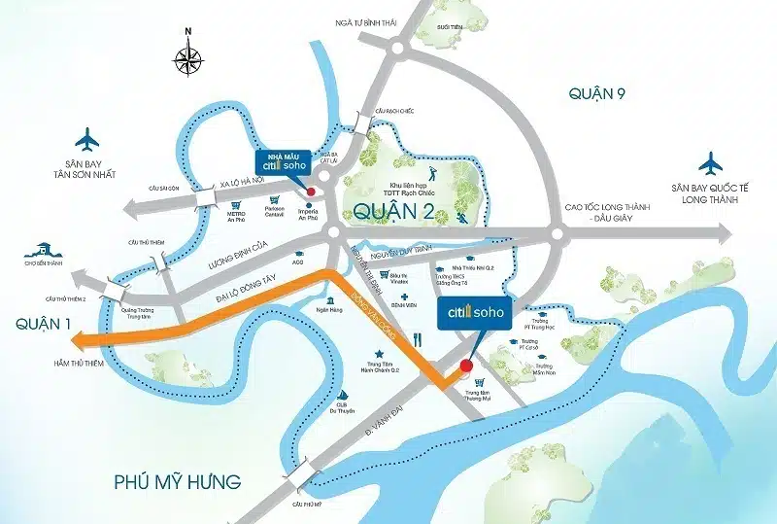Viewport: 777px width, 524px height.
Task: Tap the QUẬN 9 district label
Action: click(x=603, y=93)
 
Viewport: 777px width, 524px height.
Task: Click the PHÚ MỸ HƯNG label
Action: click(x=176, y=482)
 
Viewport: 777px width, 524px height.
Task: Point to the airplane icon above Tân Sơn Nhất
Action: click(x=86, y=138)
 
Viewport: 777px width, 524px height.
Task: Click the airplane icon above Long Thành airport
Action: click(x=711, y=160)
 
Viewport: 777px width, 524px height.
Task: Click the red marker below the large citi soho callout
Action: click(x=464, y=366)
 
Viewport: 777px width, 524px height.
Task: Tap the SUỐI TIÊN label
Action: click(x=450, y=28)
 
